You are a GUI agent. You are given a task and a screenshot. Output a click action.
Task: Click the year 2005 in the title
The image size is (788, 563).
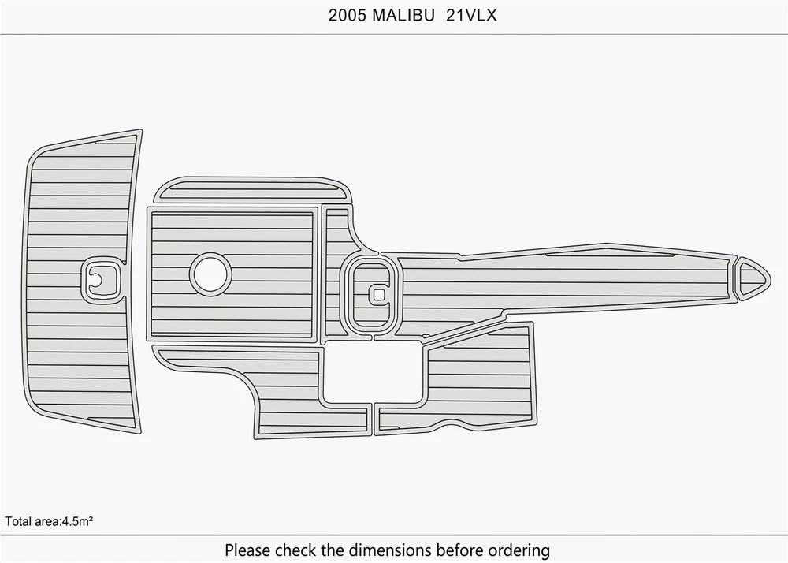pyautogui.click(x=348, y=16)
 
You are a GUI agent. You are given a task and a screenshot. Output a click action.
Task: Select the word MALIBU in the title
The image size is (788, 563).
pyautogui.click(x=403, y=16)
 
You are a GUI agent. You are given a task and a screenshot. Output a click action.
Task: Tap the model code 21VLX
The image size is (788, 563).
pyautogui.click(x=471, y=16)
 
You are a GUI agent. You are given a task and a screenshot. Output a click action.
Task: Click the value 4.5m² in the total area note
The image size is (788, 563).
pyautogui.click(x=77, y=521)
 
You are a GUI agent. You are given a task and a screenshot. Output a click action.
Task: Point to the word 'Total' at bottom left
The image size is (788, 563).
pyautogui.click(x=17, y=521)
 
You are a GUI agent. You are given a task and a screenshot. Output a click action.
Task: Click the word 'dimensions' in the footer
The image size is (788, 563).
pyautogui.click(x=389, y=550)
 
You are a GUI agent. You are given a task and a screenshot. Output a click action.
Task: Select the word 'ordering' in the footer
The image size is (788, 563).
pyautogui.click(x=520, y=550)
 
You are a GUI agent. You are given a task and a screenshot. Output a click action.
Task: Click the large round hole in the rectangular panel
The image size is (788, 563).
pyautogui.click(x=210, y=274)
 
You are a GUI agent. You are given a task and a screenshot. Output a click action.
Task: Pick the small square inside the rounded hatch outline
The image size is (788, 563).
pyautogui.click(x=380, y=295)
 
